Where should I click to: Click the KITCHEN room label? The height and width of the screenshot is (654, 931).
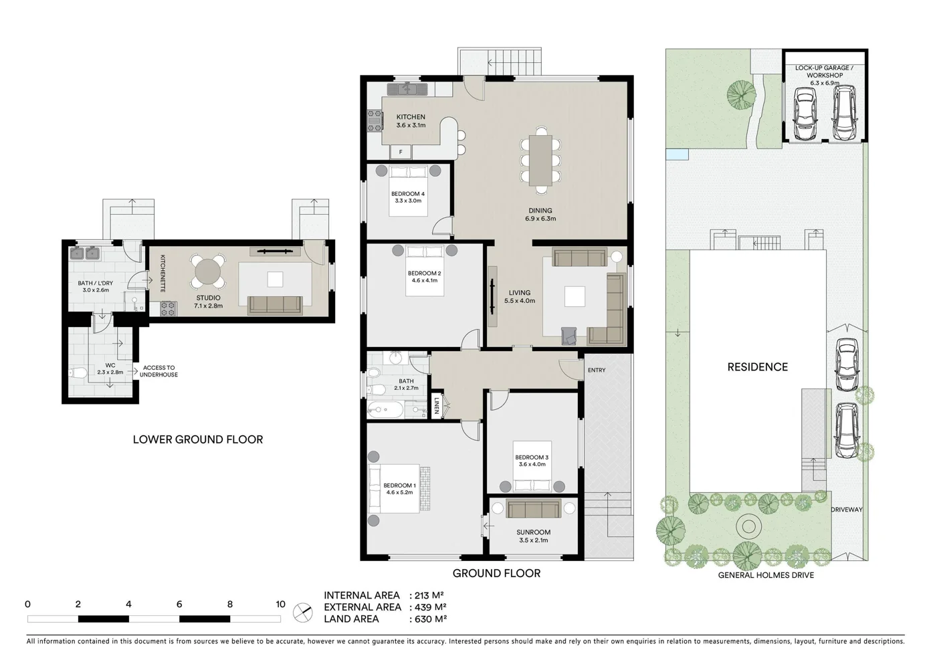[x=411, y=117]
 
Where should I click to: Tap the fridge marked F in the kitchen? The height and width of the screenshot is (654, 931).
[x=401, y=152]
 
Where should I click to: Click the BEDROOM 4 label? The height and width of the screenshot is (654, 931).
[x=408, y=194]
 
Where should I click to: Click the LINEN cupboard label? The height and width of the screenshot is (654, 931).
[x=436, y=406]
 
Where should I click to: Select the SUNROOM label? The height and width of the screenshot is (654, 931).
[x=533, y=532]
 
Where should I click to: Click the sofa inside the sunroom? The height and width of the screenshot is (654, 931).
[x=533, y=510]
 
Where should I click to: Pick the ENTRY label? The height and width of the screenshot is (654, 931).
[x=596, y=370]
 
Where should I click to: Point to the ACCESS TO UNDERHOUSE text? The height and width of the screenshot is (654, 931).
[x=159, y=371]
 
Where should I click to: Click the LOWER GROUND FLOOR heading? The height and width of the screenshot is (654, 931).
[x=198, y=439]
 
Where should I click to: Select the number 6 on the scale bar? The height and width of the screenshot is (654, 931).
[x=179, y=604]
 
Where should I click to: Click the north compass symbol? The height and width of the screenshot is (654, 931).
[x=303, y=613]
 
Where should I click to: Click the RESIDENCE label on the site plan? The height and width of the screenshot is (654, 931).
[x=757, y=366]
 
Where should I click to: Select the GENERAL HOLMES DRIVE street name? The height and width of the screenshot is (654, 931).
[x=766, y=575]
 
